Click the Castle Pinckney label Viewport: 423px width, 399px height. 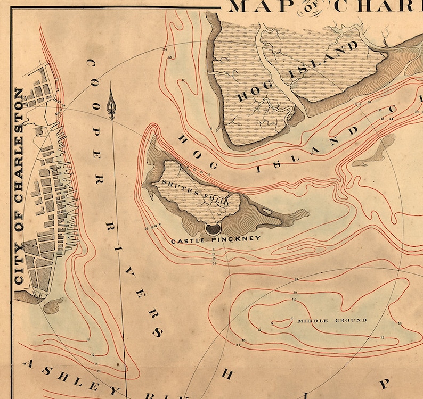coord(215,239)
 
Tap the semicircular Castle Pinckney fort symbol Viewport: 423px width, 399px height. coord(213,229)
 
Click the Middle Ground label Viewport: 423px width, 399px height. coord(332,320)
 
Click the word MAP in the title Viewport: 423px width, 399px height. coord(258,6)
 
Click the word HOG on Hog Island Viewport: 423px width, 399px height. coord(250,90)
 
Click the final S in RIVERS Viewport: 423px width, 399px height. coord(158,332)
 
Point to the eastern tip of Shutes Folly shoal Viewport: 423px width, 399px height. coord(306,213)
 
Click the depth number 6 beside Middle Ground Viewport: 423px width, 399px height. coord(291,319)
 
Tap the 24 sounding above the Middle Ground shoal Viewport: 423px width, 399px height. coord(296,279)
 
